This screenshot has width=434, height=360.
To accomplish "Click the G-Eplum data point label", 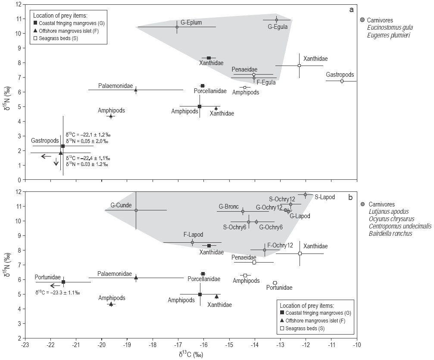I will [x=191, y=22].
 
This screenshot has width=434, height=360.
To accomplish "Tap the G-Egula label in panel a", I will [x=278, y=27].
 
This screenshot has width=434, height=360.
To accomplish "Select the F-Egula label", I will [x=266, y=83].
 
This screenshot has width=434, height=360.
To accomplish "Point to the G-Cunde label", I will [x=121, y=205].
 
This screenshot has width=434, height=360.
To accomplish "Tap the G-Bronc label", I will [x=229, y=207].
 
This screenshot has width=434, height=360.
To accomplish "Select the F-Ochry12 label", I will [x=280, y=245].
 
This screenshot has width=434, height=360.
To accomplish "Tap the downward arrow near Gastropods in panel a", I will [x=56, y=162].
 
